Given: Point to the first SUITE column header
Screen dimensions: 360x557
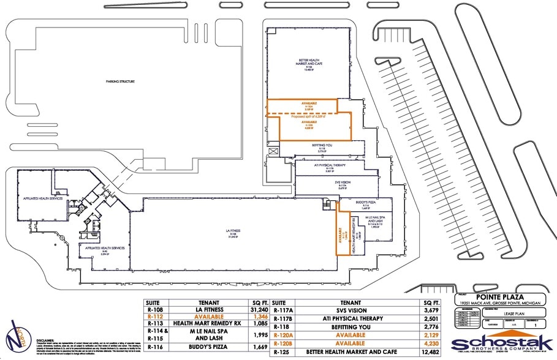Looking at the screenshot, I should [x=154, y=302].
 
